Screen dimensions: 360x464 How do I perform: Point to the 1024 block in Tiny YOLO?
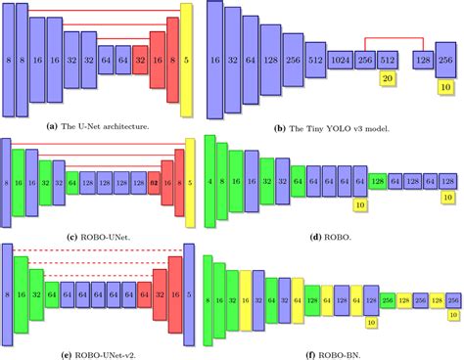click(343, 59)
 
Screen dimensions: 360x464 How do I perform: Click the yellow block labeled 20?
click(388, 77)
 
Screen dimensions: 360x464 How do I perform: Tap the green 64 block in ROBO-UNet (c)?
click(71, 182)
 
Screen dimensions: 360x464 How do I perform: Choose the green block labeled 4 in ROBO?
click(210, 182)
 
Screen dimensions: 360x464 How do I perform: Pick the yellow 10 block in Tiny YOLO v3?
click(446, 87)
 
